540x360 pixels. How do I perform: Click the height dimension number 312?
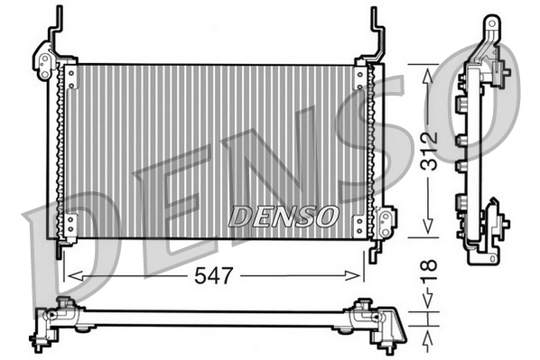[x=429, y=149]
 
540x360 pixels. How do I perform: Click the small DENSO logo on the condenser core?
[x=283, y=217]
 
